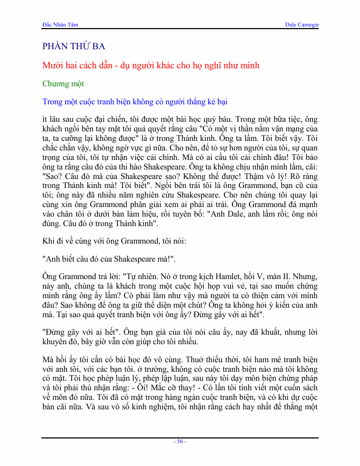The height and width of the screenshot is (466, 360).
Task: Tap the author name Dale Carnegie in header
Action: tap(302, 25)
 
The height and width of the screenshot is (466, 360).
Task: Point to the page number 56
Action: tap(181, 442)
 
